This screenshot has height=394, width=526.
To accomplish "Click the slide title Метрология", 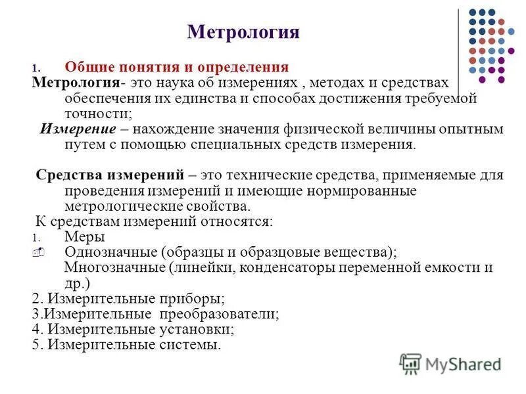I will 243,32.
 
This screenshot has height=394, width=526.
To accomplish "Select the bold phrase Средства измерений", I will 110,175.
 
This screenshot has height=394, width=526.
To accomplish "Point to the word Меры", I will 85,236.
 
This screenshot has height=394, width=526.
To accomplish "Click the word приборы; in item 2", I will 191,297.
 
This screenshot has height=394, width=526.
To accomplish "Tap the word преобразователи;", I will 227,313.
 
